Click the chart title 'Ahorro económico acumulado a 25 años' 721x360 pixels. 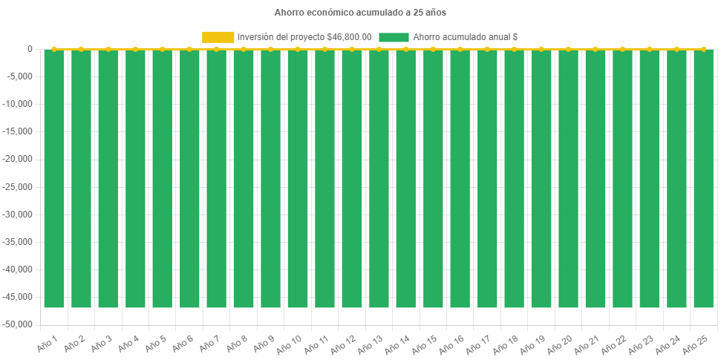click(x=360, y=13)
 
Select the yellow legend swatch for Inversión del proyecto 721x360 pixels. click(x=218, y=37)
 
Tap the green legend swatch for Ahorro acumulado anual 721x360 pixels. click(x=394, y=37)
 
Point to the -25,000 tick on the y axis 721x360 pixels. click(x=19, y=186)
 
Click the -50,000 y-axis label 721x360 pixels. click(x=19, y=324)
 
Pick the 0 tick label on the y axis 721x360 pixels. click(x=30, y=49)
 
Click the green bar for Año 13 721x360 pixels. click(x=379, y=178)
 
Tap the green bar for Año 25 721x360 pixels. click(x=703, y=178)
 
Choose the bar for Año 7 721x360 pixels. click(x=216, y=178)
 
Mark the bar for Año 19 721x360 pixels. click(x=541, y=178)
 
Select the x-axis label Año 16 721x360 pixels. click(x=451, y=345)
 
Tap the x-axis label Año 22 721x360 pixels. click(x=613, y=345)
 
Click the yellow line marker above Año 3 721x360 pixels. click(x=108, y=49)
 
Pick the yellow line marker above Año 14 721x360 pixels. click(x=405, y=49)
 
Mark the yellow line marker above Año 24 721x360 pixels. click(x=676, y=49)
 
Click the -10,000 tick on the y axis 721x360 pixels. click(x=19, y=104)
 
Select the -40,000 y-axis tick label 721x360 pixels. click(x=19, y=269)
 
